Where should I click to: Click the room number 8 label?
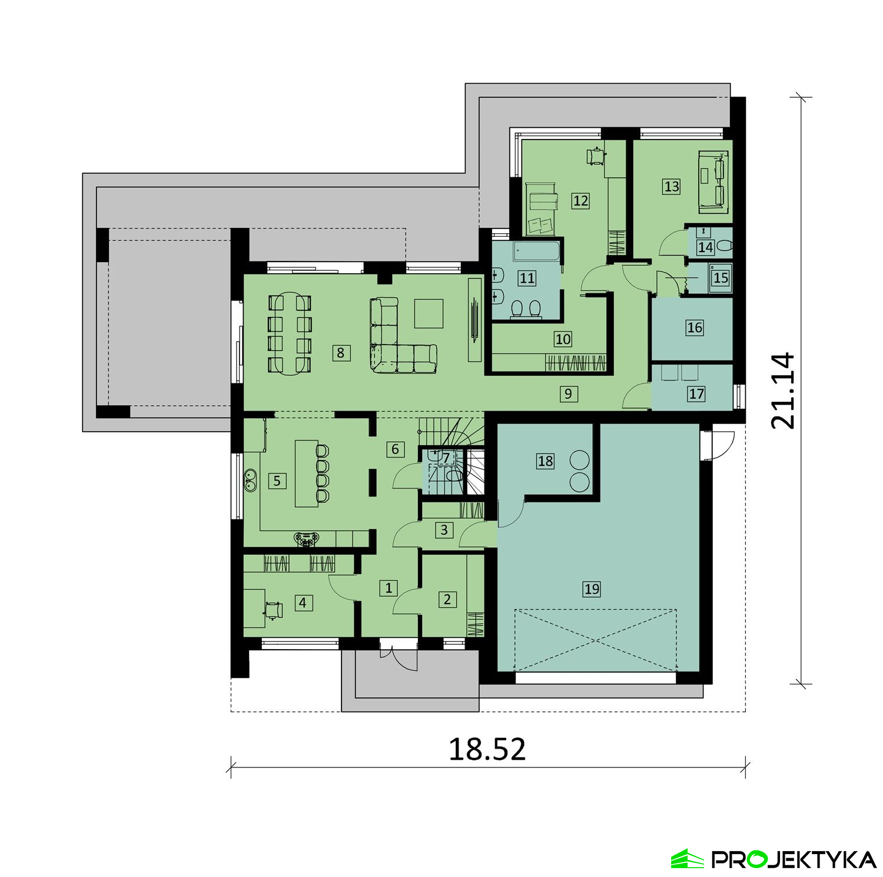(340, 353)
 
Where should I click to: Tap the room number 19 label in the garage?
(592, 588)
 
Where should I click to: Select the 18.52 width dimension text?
(487, 749)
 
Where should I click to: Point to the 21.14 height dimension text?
(784, 390)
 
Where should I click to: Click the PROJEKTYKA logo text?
(794, 859)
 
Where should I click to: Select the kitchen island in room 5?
(306, 473)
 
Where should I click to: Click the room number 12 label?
(580, 201)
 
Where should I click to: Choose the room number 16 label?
(695, 327)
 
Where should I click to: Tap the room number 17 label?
(696, 393)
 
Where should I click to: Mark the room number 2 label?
(447, 600)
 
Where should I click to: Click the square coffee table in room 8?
(429, 313)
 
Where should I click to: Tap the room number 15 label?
(721, 277)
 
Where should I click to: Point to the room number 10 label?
(563, 339)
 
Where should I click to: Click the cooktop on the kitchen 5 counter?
(307, 538)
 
